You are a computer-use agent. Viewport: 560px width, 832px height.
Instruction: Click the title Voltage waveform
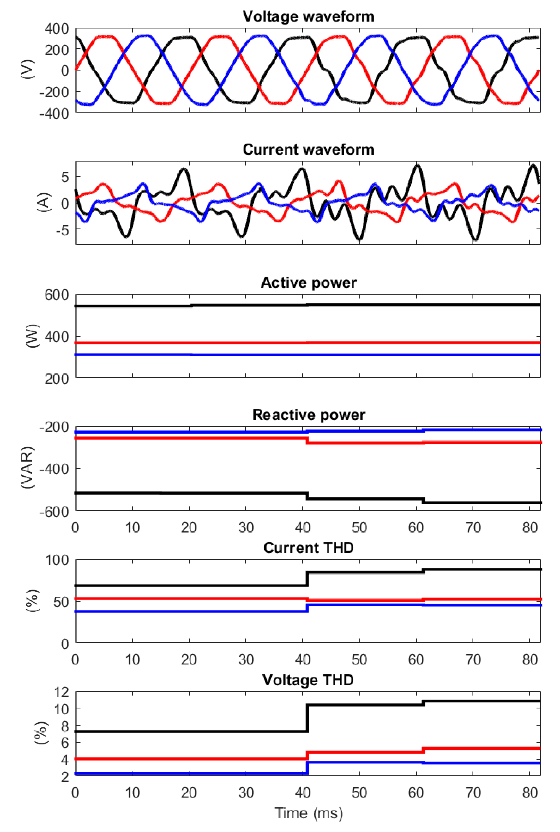(x=308, y=17)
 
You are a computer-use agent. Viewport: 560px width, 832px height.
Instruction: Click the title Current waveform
(x=308, y=150)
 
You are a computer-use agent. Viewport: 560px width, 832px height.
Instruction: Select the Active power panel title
(x=308, y=283)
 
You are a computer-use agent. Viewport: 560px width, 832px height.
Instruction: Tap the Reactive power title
(x=308, y=415)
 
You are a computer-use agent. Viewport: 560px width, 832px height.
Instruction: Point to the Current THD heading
(x=308, y=548)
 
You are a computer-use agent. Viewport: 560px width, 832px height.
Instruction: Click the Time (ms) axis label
(x=308, y=813)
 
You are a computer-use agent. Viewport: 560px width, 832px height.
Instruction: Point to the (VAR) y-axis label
(x=27, y=468)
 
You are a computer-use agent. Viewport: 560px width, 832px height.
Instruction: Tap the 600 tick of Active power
(x=56, y=295)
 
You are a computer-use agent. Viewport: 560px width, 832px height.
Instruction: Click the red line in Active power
(x=214, y=343)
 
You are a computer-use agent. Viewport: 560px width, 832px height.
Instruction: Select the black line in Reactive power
(x=179, y=493)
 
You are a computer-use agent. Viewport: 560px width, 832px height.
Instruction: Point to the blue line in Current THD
(x=179, y=611)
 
